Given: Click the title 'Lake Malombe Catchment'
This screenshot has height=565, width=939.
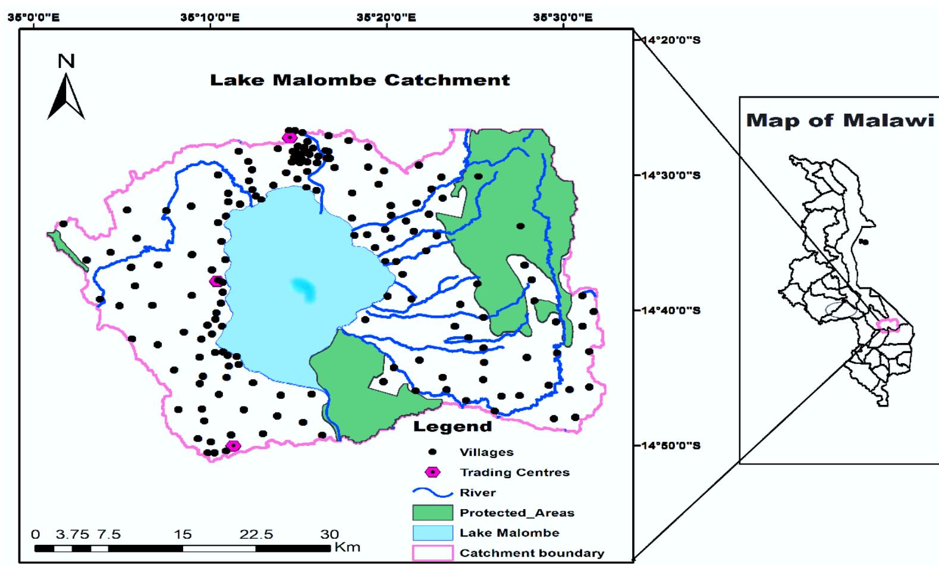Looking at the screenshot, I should click(360, 80).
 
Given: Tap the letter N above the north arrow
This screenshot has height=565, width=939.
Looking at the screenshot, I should click(66, 61).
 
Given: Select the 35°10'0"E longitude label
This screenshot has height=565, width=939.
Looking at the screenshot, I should click(210, 17).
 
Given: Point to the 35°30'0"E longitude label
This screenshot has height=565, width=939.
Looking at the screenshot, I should click(563, 17).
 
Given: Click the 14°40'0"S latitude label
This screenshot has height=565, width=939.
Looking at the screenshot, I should click(670, 310).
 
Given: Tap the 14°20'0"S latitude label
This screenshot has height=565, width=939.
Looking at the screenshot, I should click(670, 40).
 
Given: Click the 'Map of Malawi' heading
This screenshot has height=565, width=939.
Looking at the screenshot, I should click(840, 120).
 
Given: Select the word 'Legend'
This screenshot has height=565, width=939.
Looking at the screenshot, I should click(453, 426).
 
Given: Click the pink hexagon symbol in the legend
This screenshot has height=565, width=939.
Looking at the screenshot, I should click(434, 472).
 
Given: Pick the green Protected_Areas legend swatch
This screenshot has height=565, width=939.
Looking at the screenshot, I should click(432, 513).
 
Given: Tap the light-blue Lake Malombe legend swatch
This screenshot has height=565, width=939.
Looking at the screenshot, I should click(432, 533).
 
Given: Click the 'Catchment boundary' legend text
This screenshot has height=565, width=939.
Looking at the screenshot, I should click(532, 553).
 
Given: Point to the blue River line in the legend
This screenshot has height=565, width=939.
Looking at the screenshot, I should click(432, 493).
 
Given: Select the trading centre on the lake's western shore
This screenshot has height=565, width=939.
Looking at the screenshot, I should click(216, 281).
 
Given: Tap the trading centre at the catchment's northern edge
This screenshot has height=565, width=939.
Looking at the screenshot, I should click(290, 138).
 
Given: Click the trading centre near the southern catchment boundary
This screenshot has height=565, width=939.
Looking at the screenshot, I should click(233, 445).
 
